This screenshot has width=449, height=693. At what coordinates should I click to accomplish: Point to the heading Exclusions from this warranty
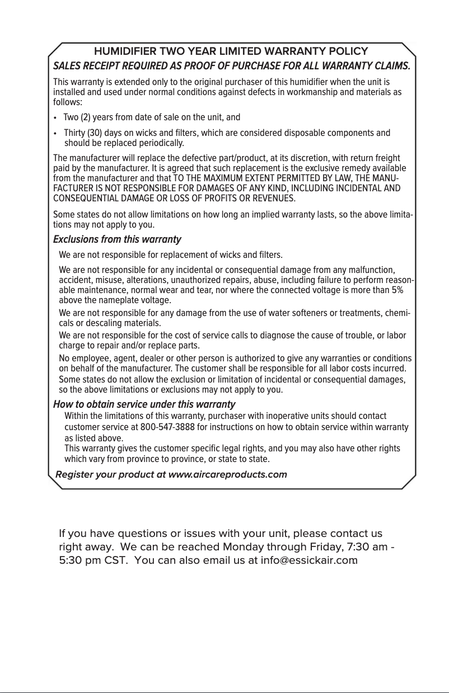(117, 240)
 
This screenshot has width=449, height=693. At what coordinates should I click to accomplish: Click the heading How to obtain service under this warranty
(144, 404)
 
